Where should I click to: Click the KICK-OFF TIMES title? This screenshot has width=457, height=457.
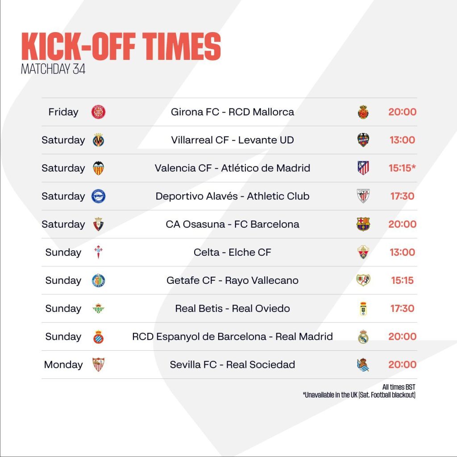coord(121,46)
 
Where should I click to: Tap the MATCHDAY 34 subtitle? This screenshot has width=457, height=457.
coord(53,69)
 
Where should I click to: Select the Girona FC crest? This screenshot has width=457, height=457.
coord(98,112)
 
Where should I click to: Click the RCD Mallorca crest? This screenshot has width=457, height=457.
coord(363,112)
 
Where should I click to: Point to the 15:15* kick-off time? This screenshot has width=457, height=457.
coord(402,168)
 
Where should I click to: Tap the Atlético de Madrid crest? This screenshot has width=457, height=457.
coord(363,168)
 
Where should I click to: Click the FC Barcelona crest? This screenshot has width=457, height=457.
coord(363,224)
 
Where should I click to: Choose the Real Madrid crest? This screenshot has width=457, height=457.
coord(363,337)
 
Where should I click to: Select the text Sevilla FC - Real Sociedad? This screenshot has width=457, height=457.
coord(232,365)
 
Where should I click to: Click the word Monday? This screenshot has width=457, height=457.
coord(63,365)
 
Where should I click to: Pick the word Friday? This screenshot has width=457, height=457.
coord(63,112)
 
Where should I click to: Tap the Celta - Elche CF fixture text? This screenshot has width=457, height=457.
coord(232,252)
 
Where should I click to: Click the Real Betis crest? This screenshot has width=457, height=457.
coord(98,308)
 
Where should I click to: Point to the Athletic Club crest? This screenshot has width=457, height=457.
coord(363,196)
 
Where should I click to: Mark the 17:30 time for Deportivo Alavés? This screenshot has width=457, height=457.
coord(402,196)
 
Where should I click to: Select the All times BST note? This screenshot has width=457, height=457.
coord(399,387)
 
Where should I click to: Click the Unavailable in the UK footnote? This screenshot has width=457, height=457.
coord(359,395)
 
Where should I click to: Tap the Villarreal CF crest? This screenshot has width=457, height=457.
coord(98,140)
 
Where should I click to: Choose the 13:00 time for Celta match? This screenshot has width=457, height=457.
coord(402,252)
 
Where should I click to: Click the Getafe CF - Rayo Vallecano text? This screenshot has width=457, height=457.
coord(232,280)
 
